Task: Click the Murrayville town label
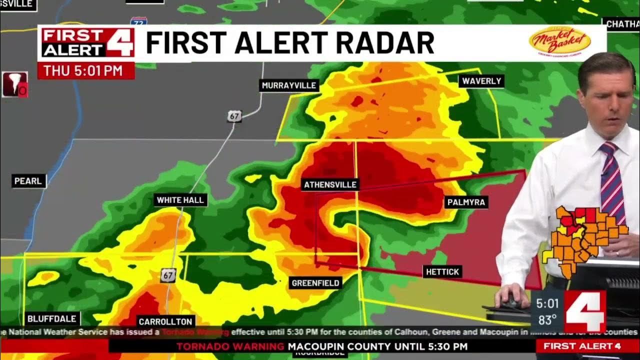point(289,85)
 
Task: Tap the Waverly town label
point(481,81)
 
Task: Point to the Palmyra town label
point(466,202)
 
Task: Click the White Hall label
point(180,200)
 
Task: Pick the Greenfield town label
point(315,283)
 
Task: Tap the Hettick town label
point(441,272)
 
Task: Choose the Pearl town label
point(28,181)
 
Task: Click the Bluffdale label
point(52,318)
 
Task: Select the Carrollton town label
point(165,321)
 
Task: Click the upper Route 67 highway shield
point(234,116)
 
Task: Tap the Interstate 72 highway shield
point(138,21)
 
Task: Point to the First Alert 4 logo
point(88,43)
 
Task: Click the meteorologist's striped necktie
point(612,180)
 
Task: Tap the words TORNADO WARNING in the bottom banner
point(230,346)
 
